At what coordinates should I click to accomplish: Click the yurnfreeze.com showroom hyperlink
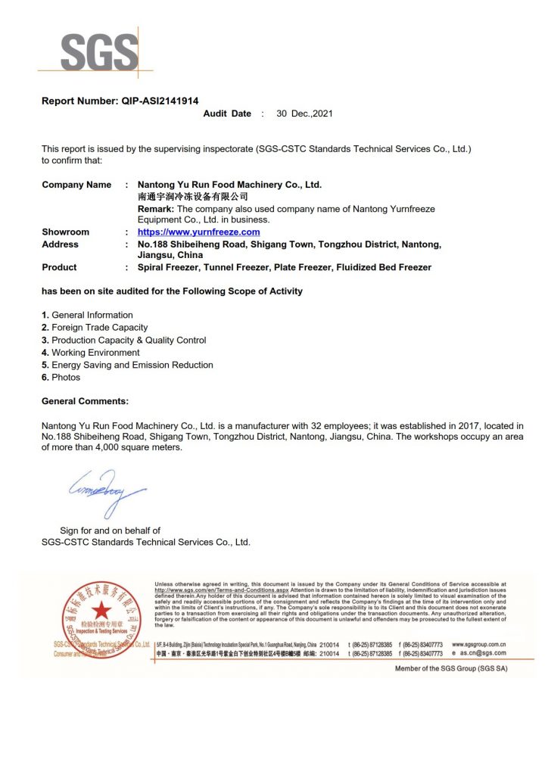point(198,232)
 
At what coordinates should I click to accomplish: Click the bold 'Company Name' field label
point(76,185)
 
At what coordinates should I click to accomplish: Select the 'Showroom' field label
point(65,232)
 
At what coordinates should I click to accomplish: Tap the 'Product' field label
point(59,267)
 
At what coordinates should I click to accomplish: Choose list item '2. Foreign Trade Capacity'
point(95,328)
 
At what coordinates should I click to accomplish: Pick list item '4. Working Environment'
point(91,353)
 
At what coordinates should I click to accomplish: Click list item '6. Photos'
point(61,377)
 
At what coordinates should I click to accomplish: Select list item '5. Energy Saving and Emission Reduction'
point(127,365)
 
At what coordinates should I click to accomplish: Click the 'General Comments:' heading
point(85,401)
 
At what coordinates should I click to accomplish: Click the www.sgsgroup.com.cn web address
point(478,644)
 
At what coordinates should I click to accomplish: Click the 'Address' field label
point(60,244)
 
